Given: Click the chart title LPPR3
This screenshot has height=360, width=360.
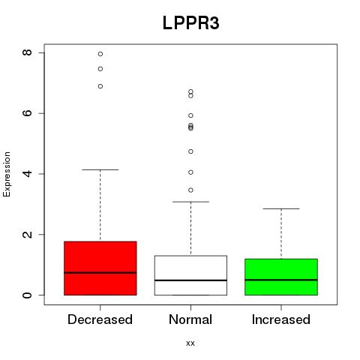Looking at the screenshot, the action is pyautogui.click(x=191, y=23).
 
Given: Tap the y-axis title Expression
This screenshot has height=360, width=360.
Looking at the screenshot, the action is pyautogui.click(x=7, y=174).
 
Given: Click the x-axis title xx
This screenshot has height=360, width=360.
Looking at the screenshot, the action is pyautogui.click(x=190, y=343).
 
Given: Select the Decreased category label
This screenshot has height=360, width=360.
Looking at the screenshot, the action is pyautogui.click(x=100, y=319).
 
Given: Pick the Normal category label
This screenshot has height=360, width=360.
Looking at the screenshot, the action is pyautogui.click(x=190, y=319).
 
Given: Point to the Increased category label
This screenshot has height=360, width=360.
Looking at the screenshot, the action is pyautogui.click(x=281, y=319).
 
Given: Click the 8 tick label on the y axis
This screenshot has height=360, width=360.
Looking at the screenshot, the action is pyautogui.click(x=27, y=52).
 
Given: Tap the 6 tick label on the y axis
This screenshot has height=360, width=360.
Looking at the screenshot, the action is pyautogui.click(x=27, y=113).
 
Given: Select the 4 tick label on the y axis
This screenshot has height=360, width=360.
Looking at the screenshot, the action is pyautogui.click(x=27, y=173).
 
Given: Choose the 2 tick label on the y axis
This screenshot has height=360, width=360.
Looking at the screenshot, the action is pyautogui.click(x=27, y=234).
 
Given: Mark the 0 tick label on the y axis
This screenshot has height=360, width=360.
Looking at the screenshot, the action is pyautogui.click(x=27, y=295).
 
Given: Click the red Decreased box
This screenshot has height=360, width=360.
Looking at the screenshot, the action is pyautogui.click(x=100, y=268).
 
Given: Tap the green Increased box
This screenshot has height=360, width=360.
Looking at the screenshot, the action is pyautogui.click(x=281, y=277).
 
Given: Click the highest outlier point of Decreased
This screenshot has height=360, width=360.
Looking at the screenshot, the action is pyautogui.click(x=100, y=54).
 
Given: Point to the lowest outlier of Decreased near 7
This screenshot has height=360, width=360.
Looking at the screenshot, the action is pyautogui.click(x=100, y=86).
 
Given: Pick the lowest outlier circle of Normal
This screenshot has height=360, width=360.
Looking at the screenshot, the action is pyautogui.click(x=190, y=190).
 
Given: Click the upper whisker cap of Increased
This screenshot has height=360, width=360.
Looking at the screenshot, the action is pyautogui.click(x=281, y=208).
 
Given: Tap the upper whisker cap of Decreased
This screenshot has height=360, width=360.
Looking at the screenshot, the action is pyautogui.click(x=100, y=169).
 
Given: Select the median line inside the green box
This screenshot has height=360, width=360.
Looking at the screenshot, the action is pyautogui.click(x=281, y=280).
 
